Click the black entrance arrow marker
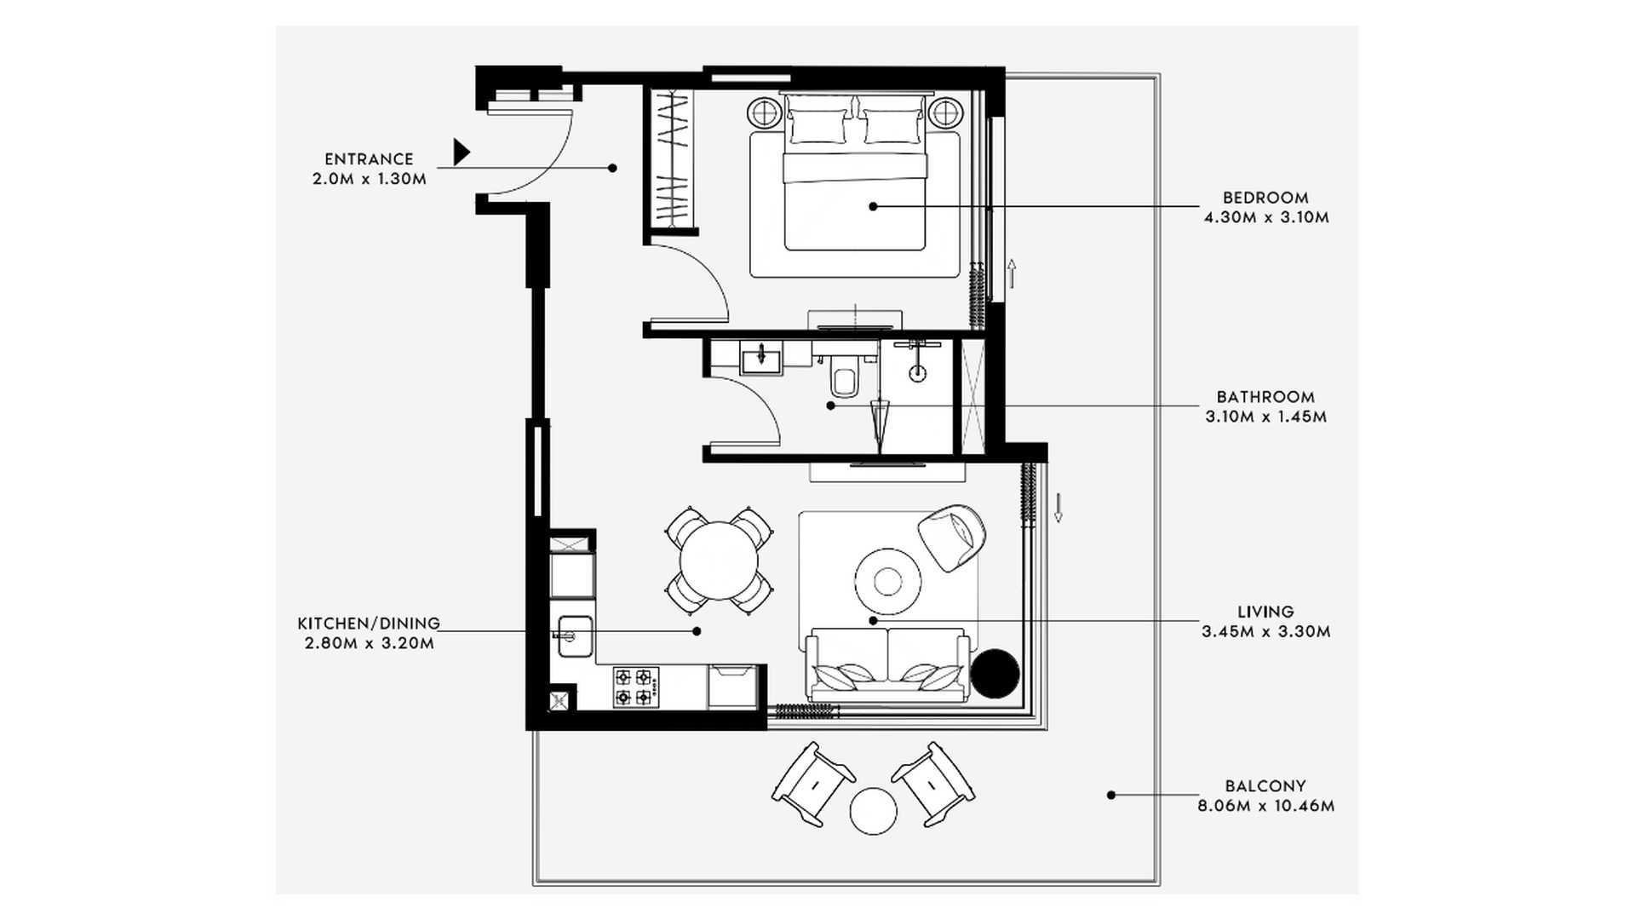(x=461, y=152)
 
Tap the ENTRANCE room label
(x=369, y=159)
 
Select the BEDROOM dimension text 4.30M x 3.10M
(x=1266, y=217)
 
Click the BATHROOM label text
(x=1265, y=397)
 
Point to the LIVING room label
(x=1265, y=612)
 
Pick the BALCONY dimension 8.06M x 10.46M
(x=1265, y=806)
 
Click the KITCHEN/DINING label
(x=369, y=624)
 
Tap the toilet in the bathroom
(x=844, y=380)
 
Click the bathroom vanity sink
(x=760, y=359)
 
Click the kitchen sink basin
(x=574, y=636)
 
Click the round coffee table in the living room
(x=888, y=582)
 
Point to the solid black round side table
(x=995, y=674)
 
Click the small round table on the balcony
(x=873, y=811)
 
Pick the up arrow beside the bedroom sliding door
(x=1012, y=273)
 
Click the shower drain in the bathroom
(x=918, y=373)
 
